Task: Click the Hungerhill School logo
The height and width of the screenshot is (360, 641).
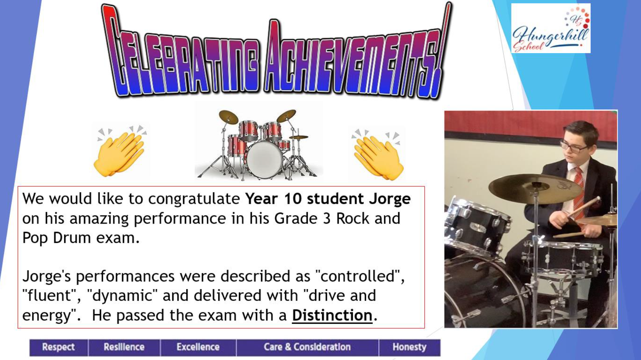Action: click(551, 28)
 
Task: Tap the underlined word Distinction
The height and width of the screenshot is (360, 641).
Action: click(332, 316)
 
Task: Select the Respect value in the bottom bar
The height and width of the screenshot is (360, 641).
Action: click(58, 347)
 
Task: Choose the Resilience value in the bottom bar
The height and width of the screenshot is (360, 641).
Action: click(124, 347)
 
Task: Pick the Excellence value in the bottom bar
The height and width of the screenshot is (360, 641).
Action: click(198, 347)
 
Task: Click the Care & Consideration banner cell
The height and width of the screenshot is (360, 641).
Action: click(307, 347)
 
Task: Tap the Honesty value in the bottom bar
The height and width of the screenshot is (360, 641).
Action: click(410, 347)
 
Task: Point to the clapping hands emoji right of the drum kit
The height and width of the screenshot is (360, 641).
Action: click(377, 154)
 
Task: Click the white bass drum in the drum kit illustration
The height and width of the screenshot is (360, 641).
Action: click(264, 159)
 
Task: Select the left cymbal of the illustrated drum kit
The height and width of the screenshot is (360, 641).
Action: click(228, 117)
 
